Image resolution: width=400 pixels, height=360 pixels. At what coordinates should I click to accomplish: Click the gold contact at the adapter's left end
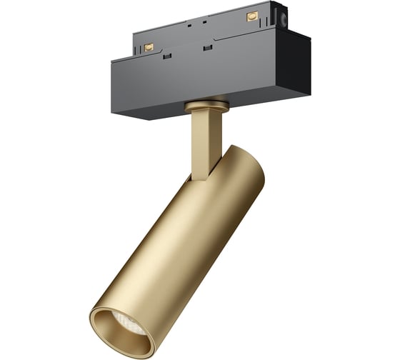pyautogui.click(x=149, y=46)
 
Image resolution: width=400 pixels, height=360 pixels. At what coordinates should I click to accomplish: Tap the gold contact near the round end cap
pyautogui.click(x=251, y=16)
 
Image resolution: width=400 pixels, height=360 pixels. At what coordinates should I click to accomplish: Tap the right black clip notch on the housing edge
pyautogui.click(x=208, y=48)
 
